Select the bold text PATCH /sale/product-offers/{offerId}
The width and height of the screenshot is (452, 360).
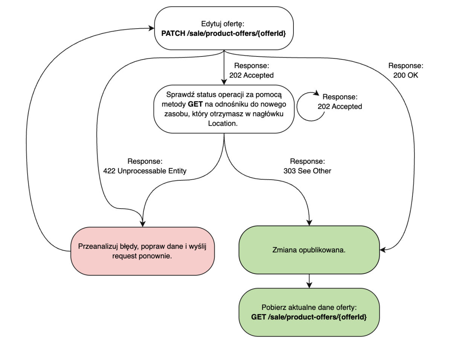tap(224, 33)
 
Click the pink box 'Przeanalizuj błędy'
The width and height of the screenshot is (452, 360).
tap(142, 251)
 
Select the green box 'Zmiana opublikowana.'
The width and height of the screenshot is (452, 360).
tap(309, 250)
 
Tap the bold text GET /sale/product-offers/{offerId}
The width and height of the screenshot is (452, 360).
tap(309, 317)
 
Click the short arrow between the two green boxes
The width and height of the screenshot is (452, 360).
tap(309, 281)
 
